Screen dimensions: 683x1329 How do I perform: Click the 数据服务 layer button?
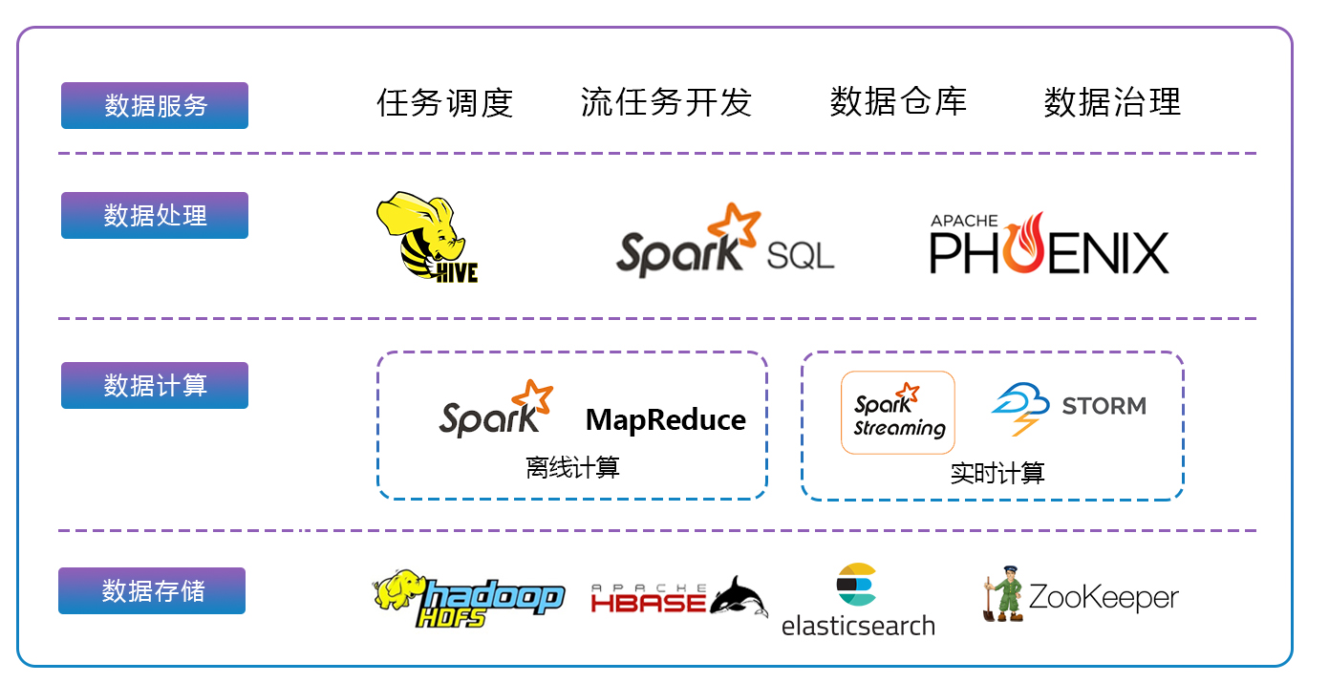[x=155, y=105]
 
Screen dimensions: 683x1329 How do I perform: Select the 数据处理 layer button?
[x=155, y=215]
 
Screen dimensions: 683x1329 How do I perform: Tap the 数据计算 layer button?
[x=155, y=385]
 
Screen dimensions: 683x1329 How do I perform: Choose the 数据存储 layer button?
[x=152, y=590]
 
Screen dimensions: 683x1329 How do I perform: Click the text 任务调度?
[x=444, y=102]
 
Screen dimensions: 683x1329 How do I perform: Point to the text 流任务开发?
[x=666, y=102]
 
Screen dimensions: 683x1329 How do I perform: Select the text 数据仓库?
[x=898, y=101]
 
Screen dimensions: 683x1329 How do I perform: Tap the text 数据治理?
[x=1112, y=101]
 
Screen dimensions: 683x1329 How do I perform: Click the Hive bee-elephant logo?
[x=426, y=237]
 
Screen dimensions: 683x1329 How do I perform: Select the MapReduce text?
[x=665, y=419]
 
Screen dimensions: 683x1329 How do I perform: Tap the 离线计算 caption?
[x=572, y=467]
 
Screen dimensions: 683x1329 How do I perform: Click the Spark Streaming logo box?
[x=897, y=412]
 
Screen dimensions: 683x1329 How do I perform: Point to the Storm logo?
[x=1068, y=407]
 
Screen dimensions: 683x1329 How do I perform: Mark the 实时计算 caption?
[x=997, y=473]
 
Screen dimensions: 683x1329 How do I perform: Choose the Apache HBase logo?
[x=678, y=598]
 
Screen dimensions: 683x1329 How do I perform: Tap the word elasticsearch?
[x=858, y=626]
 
